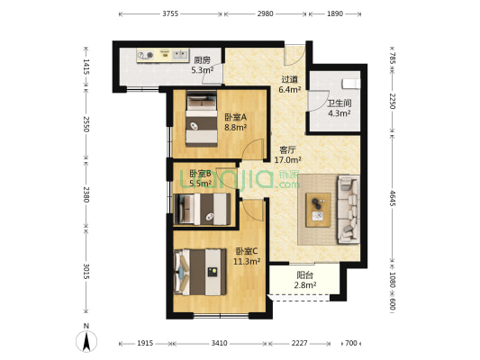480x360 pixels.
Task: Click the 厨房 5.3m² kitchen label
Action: click(202, 65)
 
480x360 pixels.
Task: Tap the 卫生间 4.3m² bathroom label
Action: click(339, 108)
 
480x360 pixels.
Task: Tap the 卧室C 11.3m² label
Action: click(248, 256)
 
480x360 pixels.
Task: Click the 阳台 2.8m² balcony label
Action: click(306, 281)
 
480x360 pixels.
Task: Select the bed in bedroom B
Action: click(202, 210)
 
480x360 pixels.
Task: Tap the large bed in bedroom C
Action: click(198, 268)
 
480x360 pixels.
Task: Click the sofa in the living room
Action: click(347, 210)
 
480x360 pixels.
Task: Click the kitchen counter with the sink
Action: click(162, 55)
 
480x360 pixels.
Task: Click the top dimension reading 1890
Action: click(334, 14)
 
